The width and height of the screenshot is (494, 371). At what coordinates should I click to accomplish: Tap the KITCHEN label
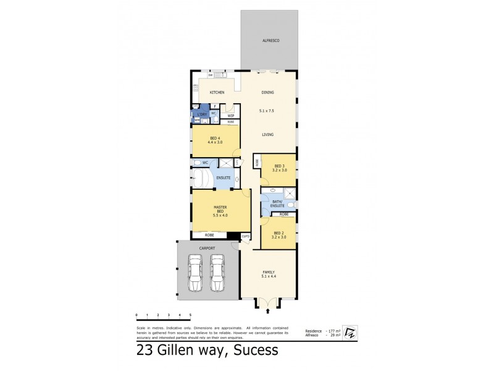[x=216, y=93]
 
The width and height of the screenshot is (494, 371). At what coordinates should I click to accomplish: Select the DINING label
[x=267, y=93]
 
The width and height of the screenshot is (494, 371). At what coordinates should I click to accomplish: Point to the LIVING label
[x=267, y=134]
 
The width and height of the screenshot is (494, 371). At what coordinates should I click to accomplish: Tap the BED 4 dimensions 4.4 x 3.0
[x=216, y=142]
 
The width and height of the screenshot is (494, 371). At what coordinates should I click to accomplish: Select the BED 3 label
[x=279, y=166]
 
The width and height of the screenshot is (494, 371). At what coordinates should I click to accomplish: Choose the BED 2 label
[x=279, y=233]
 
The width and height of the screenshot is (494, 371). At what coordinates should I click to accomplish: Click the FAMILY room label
[x=268, y=273]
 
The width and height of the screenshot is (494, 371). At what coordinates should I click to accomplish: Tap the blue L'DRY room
[x=201, y=116]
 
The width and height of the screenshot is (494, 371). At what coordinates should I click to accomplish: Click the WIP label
[x=230, y=116]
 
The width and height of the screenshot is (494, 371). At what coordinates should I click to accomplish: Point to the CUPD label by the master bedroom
[x=246, y=236]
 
